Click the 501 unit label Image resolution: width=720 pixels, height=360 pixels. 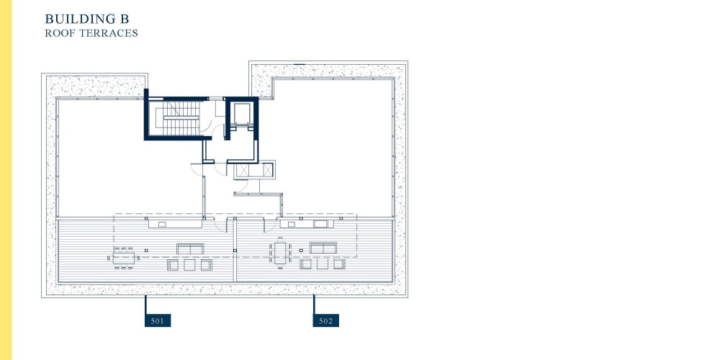coord(158,320)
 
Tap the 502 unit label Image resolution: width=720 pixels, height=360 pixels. coord(325,320)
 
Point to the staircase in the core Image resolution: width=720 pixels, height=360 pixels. coord(181,119)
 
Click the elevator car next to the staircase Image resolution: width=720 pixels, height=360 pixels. coord(240,114)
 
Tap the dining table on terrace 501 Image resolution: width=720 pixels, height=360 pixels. coord(124,258)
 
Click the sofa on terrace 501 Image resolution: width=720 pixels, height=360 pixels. coord(190,249)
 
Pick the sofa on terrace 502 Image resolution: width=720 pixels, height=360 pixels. coord(323,248)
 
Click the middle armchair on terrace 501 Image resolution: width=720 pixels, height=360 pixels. coord(189,265)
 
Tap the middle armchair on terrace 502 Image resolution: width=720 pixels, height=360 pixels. coord(323,264)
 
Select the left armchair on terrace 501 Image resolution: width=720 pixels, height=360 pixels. coord(173,265)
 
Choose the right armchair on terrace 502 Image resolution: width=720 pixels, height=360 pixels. coord(339,264)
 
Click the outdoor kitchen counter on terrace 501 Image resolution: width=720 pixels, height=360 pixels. coord(175,224)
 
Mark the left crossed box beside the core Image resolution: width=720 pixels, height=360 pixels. coord(241,171)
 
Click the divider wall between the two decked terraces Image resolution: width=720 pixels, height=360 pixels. coord(235,250)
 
